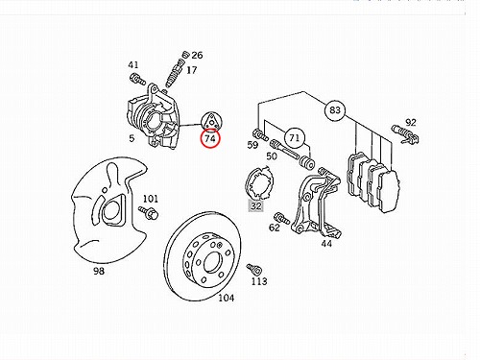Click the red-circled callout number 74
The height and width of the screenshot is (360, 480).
click(x=210, y=138)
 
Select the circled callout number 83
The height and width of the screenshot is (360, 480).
click(x=335, y=110)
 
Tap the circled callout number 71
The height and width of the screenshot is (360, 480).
click(x=295, y=138)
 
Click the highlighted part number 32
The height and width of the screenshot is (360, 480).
click(x=256, y=205)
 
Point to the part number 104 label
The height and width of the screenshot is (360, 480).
click(x=226, y=299)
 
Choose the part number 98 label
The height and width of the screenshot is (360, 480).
click(x=99, y=271)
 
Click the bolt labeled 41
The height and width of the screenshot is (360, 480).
click(x=137, y=79)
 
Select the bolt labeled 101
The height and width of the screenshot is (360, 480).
click(x=148, y=212)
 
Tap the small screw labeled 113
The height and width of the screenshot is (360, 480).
click(x=254, y=270)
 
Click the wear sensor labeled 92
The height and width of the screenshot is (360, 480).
click(x=406, y=134)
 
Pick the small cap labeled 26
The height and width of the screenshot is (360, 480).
click(x=184, y=55)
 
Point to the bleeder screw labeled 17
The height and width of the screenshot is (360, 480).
click(x=174, y=73)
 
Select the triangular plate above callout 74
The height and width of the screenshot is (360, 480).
click(x=211, y=121)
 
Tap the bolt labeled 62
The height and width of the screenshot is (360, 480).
click(x=282, y=219)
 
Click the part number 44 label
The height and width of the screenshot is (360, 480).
click(x=326, y=244)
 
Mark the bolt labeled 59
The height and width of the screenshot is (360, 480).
click(x=260, y=134)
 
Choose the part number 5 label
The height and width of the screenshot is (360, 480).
click(x=132, y=138)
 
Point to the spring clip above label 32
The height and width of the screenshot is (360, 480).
click(x=259, y=183)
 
